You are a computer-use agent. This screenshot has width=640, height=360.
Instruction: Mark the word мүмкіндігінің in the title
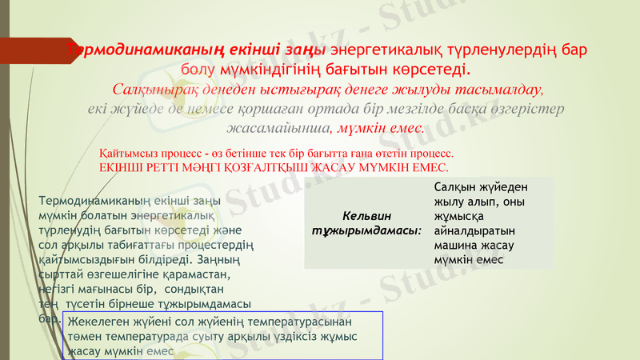268,67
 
